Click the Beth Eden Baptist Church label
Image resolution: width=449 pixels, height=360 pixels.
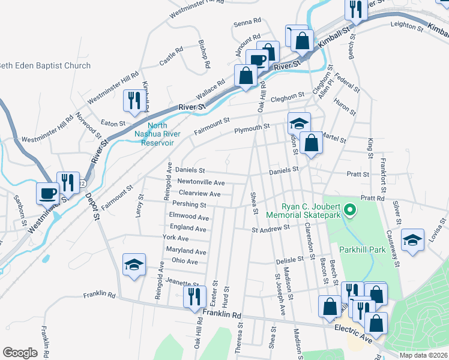pyautogui.click(x=45, y=66)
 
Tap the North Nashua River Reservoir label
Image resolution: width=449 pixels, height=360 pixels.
pyautogui.click(x=153, y=134)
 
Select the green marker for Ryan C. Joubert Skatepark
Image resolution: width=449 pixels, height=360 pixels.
pyautogui.click(x=352, y=210)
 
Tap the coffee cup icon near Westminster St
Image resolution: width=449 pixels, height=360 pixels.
pyautogui.click(x=48, y=193)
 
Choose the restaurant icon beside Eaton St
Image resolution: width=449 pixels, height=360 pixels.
pyautogui.click(x=133, y=100)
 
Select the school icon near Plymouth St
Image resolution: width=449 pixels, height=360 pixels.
pyautogui.click(x=298, y=123)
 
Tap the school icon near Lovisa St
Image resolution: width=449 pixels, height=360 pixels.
pyautogui.click(x=412, y=241)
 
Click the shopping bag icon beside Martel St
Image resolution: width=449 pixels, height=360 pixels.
pyautogui.click(x=311, y=143)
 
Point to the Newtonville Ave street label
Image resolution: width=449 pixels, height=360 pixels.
pyautogui.click(x=200, y=182)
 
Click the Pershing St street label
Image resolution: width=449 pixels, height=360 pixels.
pyautogui.click(x=192, y=205)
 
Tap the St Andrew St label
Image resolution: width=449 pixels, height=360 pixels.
pyautogui.click(x=271, y=228)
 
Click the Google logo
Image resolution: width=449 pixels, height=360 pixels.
pyautogui.click(x=20, y=353)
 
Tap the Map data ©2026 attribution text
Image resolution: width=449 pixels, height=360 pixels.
pyautogui.click(x=423, y=355)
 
